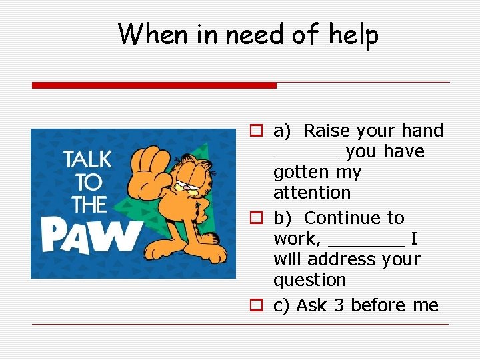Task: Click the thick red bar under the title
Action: pyautogui.click(x=154, y=85)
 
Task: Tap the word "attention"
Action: pyautogui.click(x=311, y=193)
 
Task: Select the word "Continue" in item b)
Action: pyautogui.click(x=353, y=218)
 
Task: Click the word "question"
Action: pyautogui.click(x=309, y=280)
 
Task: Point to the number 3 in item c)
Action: pyautogui.click(x=338, y=305)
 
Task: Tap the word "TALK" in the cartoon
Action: pyautogui.click(x=87, y=160)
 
